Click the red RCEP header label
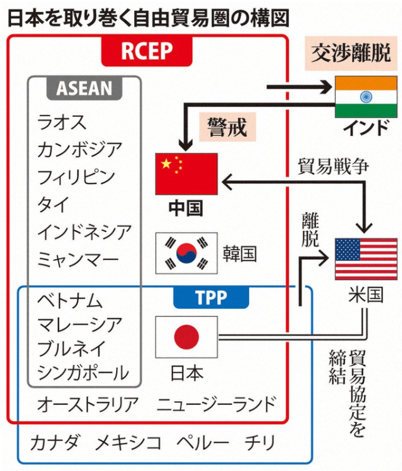click(x=147, y=51)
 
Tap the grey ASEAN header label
click(x=85, y=89)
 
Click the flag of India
click(x=366, y=97)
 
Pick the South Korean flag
click(x=186, y=253)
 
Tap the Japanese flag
click(x=186, y=337)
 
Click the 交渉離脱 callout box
click(x=351, y=54)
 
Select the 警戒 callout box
click(x=228, y=127)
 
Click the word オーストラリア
click(x=87, y=404)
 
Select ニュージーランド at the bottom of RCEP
click(x=215, y=404)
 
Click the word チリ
click(x=260, y=443)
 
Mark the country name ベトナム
click(x=70, y=300)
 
